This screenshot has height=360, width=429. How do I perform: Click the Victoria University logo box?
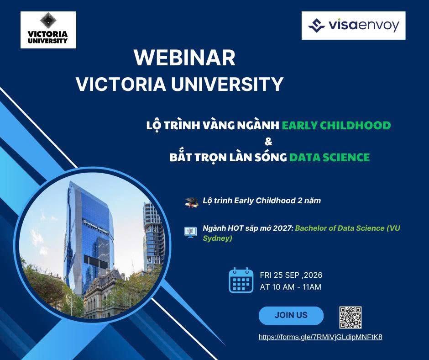coord(48,30)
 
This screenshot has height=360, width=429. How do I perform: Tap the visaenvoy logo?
coord(353,26)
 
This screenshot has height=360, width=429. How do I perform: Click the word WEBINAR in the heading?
coord(185,58)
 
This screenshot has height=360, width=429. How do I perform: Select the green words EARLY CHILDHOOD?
coord(336,125)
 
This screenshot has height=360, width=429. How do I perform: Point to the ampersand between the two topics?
coord(269,142)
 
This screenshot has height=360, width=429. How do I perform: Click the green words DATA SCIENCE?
coord(330,157)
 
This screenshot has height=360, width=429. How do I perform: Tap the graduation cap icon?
coord(191,202)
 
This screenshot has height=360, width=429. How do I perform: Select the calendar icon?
coord(241,280)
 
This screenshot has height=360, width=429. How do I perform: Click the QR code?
coord(351,318)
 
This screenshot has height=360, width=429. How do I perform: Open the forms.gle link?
coord(320,337)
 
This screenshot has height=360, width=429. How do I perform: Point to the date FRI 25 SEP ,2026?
coord(291,275)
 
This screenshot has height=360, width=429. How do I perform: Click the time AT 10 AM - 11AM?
coord(291,287)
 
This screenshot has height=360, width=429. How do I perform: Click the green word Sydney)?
coord(218,238)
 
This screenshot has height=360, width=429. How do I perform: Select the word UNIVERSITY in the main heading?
coord(227,84)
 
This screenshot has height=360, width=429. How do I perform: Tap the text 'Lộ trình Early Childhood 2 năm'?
coord(262,201)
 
